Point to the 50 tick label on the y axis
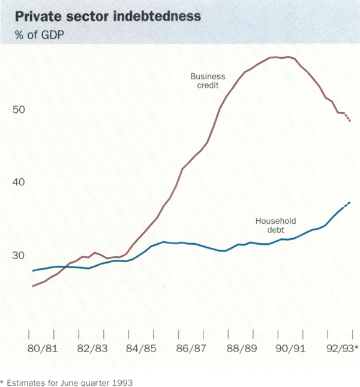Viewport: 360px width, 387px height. point(20,110)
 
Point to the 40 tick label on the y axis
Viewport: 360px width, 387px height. point(20,182)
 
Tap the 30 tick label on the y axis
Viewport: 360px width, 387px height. point(20,256)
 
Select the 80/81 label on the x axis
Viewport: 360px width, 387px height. point(41,348)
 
